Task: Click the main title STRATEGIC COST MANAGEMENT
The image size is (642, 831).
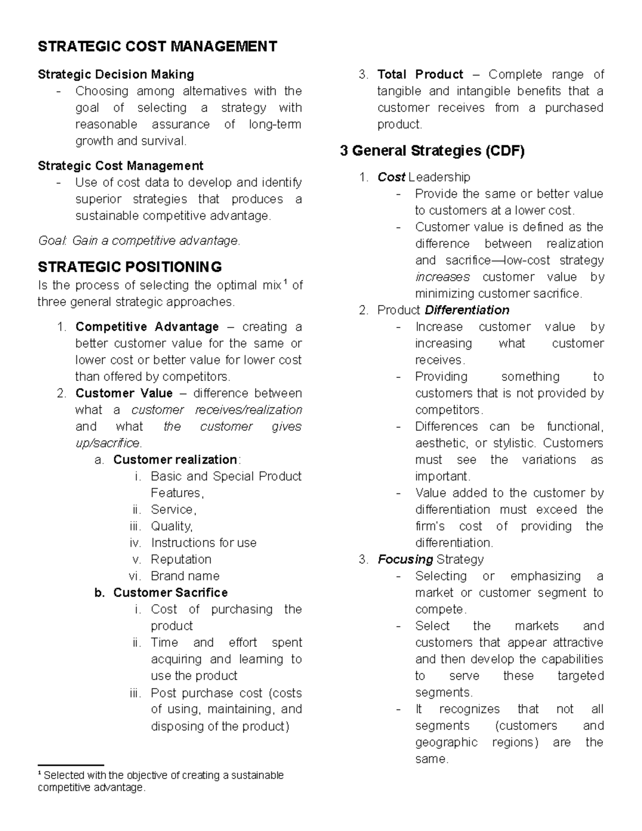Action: [157, 47]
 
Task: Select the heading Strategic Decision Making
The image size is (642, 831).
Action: [116, 74]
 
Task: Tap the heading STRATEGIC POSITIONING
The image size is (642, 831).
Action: [129, 266]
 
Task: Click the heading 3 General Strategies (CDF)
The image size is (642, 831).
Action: [432, 151]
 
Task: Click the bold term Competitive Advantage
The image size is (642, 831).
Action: [147, 327]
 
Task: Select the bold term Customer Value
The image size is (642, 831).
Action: [124, 393]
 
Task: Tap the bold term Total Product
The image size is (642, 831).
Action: [420, 74]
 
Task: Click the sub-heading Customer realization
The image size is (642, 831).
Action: [175, 460]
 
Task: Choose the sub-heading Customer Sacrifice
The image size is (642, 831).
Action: [170, 593]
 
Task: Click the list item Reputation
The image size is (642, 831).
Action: [181, 559]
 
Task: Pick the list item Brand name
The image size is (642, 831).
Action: [185, 576]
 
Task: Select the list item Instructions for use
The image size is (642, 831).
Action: [203, 543]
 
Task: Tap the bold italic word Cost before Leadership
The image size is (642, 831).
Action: [391, 177]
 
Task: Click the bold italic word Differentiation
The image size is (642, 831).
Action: [467, 310]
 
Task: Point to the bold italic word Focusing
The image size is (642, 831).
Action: [405, 559]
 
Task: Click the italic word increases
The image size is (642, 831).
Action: [442, 277]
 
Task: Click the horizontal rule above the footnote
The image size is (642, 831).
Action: [71, 766]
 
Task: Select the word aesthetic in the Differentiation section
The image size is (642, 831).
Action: [440, 443]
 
